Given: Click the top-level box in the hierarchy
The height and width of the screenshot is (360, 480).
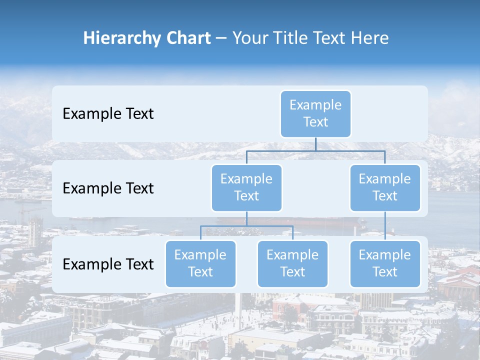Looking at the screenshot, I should click(x=315, y=113).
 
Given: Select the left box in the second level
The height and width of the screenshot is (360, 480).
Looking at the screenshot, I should click(x=246, y=187).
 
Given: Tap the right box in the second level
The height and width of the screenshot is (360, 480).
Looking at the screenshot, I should click(x=384, y=187).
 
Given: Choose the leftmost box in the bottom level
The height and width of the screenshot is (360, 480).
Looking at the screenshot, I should click(x=200, y=263).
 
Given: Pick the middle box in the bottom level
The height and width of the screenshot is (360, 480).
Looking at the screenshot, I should click(x=292, y=263).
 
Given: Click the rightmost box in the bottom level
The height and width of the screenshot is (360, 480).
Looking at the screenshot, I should click(x=384, y=263).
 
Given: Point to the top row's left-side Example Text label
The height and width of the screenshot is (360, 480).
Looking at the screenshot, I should click(x=108, y=114).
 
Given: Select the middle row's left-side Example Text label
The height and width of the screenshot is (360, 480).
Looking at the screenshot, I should click(x=108, y=188).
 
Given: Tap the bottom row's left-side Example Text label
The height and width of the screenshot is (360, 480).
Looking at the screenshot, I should click(x=108, y=264).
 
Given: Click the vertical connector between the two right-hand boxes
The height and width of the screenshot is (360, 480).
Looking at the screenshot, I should click(x=385, y=226).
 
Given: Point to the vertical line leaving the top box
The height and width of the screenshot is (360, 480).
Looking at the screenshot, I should click(x=315, y=143).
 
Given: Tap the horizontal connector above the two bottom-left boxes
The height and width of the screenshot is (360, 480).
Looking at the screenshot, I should click(x=246, y=226).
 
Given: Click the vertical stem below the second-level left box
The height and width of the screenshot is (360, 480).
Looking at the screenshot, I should click(x=246, y=218).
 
